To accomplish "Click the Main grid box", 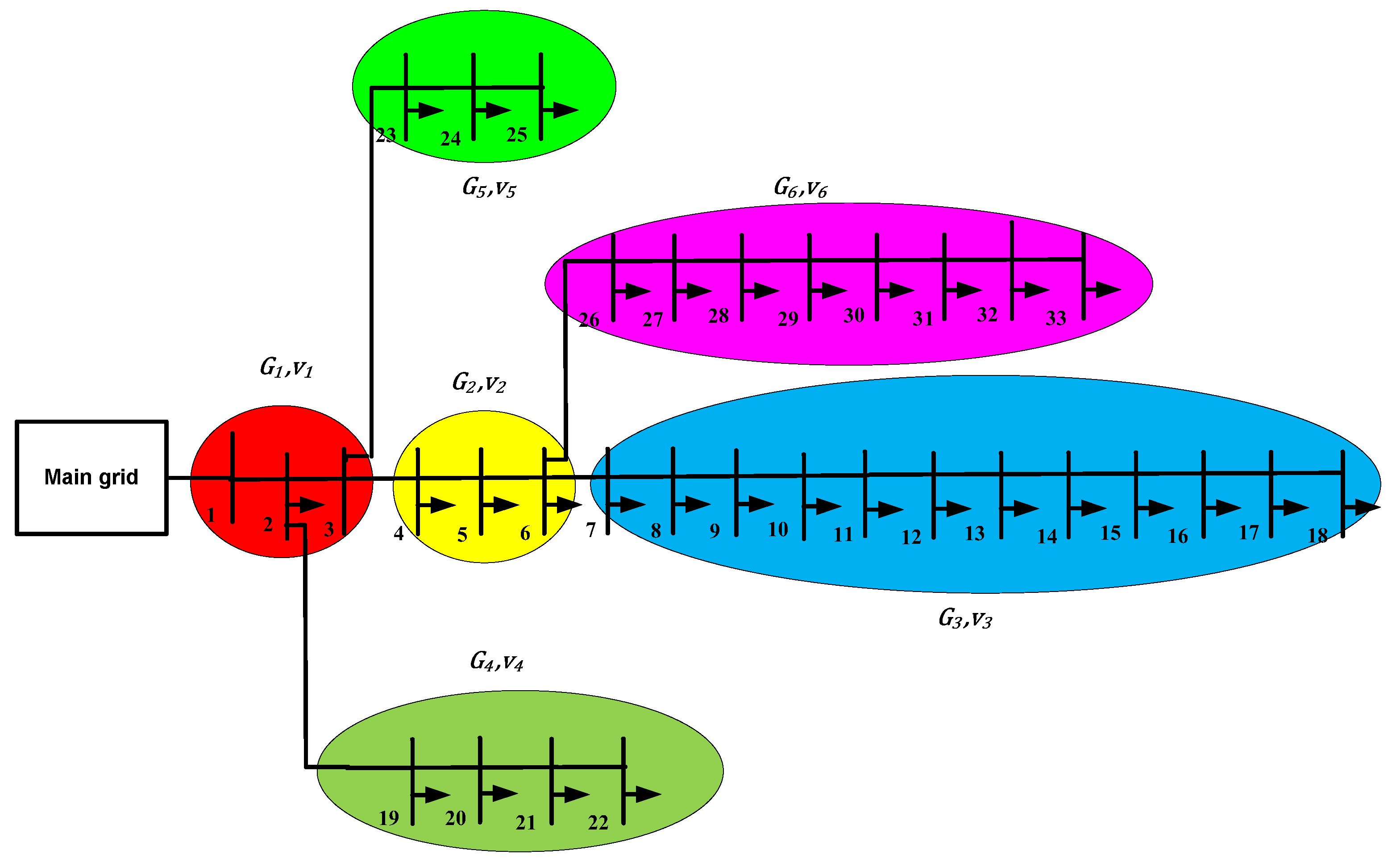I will [x=91, y=478].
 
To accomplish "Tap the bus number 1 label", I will [x=211, y=515].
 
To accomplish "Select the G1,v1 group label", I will [x=286, y=367].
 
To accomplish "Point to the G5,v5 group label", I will [x=489, y=187].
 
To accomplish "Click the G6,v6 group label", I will [x=800, y=187].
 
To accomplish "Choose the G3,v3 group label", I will [x=964, y=619].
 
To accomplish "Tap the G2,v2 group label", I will [x=478, y=383].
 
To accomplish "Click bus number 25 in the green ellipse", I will [x=516, y=135].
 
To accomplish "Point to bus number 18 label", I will [x=1317, y=536].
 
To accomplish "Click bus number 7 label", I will [x=591, y=530].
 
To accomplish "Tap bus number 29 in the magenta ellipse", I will [x=788, y=319].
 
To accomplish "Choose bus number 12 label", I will [x=911, y=537].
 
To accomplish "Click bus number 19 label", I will [x=389, y=818].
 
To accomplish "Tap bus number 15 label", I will [x=1110, y=533].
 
